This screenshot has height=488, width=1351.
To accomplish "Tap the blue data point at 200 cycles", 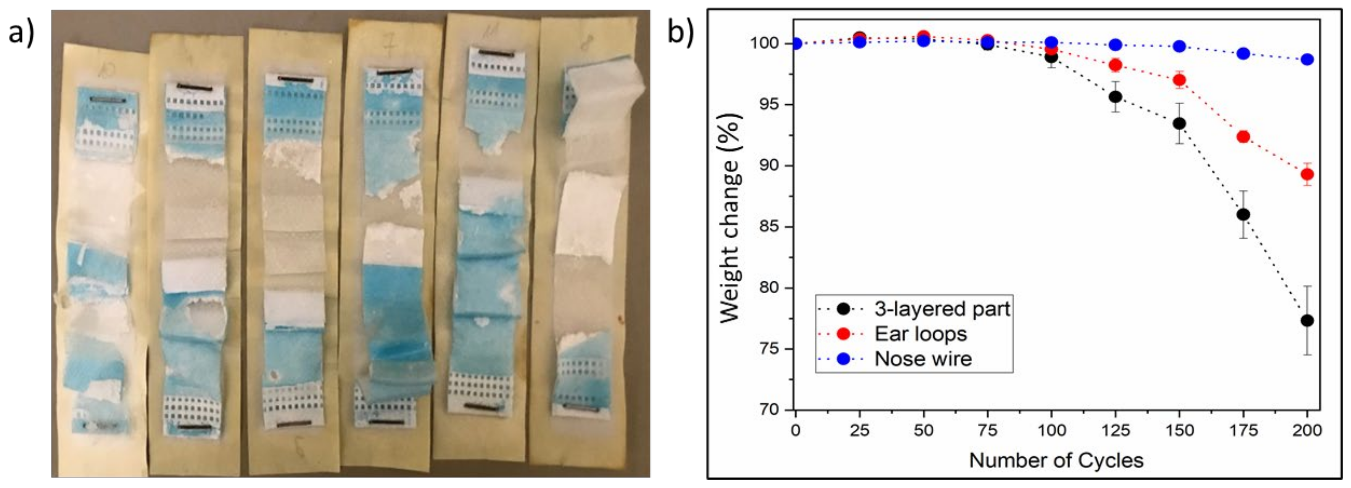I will (x=1307, y=59).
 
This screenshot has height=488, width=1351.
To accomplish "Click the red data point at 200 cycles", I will (x=1307, y=174).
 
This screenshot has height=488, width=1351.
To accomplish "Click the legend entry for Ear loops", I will (x=920, y=334).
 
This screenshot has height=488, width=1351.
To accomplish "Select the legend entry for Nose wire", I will (x=923, y=359).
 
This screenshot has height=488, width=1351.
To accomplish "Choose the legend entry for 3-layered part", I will (x=941, y=309).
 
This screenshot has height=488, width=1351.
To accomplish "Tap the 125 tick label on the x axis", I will (x=1116, y=431).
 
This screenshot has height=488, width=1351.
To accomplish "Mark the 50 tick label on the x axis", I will (x=924, y=431).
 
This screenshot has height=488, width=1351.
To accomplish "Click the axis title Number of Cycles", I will (x=1056, y=460).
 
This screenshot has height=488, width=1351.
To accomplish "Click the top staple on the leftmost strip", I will (x=108, y=99).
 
